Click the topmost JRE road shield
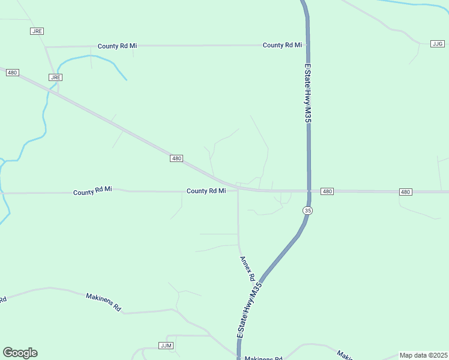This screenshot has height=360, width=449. pyautogui.click(x=37, y=31)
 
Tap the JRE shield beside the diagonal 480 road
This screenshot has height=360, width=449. pyautogui.click(x=56, y=77)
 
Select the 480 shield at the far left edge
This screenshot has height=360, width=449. pyautogui.click(x=13, y=73)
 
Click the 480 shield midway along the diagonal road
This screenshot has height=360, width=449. pyautogui.click(x=176, y=158)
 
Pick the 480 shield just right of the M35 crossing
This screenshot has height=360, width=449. pyautogui.click(x=327, y=191)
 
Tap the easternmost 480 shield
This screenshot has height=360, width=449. pyautogui.click(x=406, y=192)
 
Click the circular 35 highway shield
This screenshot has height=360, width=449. pyautogui.click(x=308, y=211)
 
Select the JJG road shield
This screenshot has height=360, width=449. pyautogui.click(x=438, y=44)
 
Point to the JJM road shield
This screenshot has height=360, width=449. pyautogui.click(x=166, y=346)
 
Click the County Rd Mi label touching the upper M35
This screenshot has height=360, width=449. pyautogui.click(x=282, y=45)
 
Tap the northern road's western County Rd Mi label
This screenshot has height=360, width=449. pyautogui.click(x=118, y=46)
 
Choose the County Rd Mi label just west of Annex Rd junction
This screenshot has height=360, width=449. pyautogui.click(x=206, y=191)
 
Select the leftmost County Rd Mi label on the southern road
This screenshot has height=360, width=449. pyautogui.click(x=92, y=191)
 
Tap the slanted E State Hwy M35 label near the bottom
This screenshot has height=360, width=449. pyautogui.click(x=250, y=313)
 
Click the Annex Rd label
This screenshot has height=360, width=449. pyautogui.click(x=248, y=269)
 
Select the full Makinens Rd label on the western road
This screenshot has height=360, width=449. pyautogui.click(x=103, y=302)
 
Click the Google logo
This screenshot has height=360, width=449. pyautogui.click(x=20, y=353)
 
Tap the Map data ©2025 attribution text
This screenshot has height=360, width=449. pyautogui.click(x=423, y=355)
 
